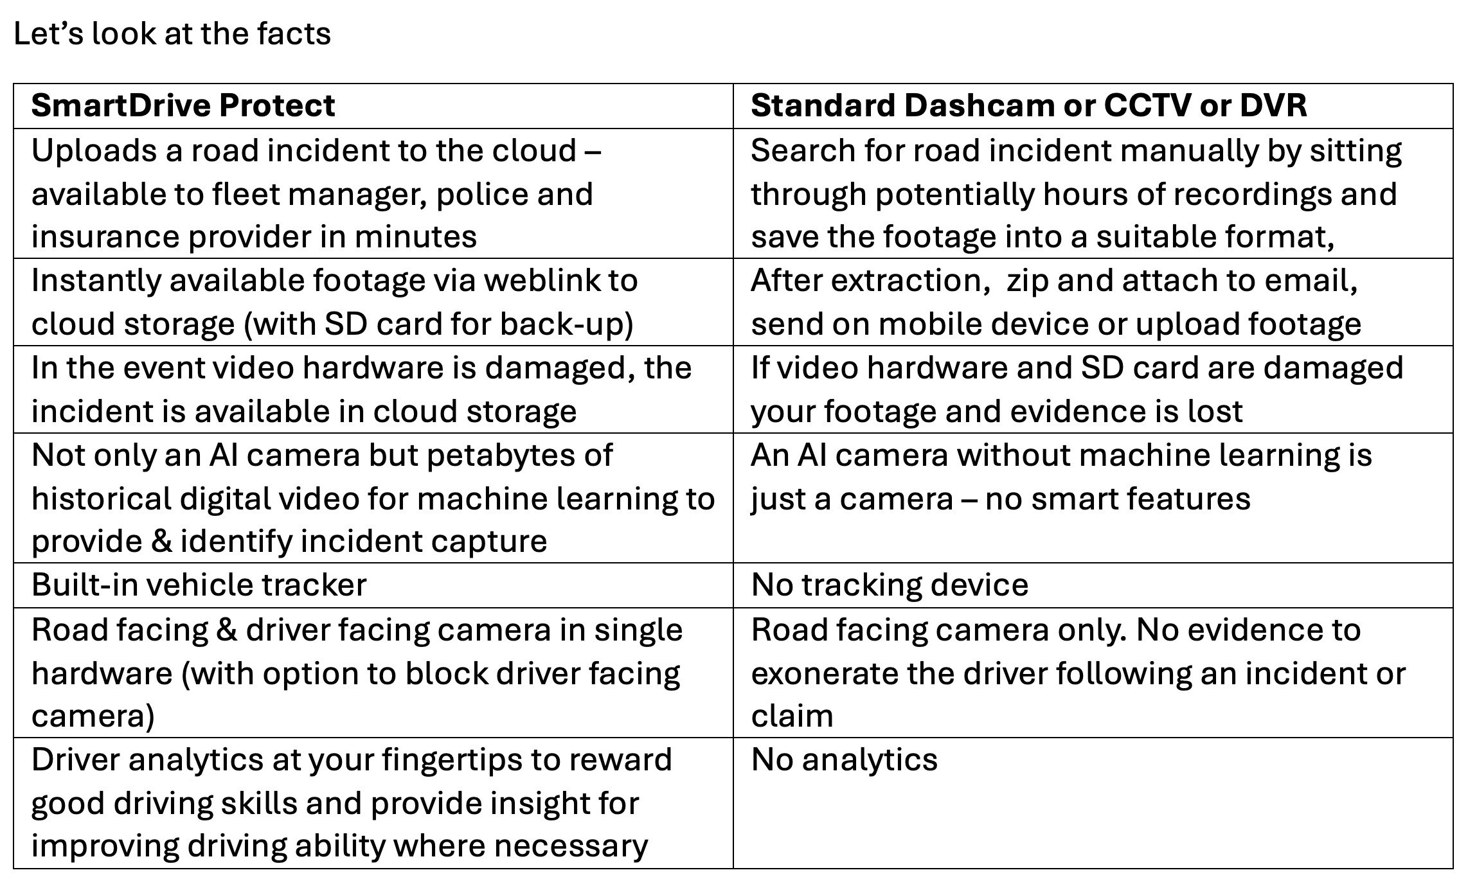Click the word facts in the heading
pyautogui.click(x=294, y=33)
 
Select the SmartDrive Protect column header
pyautogui.click(x=183, y=105)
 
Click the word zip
pyautogui.click(x=1028, y=281)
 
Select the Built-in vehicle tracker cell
pyautogui.click(x=199, y=585)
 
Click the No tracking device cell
pyautogui.click(x=889, y=585)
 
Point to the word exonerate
pyautogui.click(x=812, y=673)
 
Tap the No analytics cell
pyautogui.click(x=844, y=760)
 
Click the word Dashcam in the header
pyautogui.click(x=978, y=105)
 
